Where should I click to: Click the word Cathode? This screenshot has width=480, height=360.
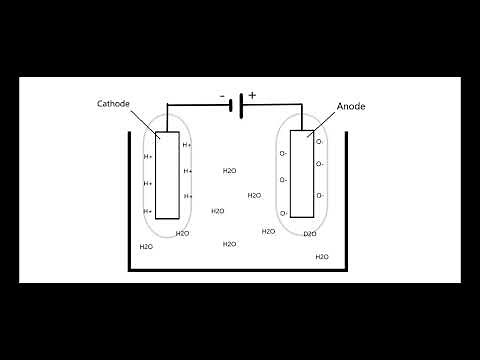(x=112, y=103)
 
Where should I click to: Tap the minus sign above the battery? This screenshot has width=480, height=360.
(x=222, y=96)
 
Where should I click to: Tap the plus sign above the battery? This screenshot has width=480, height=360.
(x=252, y=96)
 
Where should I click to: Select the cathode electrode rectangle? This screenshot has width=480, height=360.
(x=167, y=178)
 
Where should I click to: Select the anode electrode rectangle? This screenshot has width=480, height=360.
(x=302, y=178)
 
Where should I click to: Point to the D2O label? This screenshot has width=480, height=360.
(x=309, y=234)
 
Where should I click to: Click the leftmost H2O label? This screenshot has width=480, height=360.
(x=146, y=246)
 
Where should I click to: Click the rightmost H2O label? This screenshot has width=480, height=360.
(x=322, y=257)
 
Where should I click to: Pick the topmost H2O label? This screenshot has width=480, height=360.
(x=229, y=171)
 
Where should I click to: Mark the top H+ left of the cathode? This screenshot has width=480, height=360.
(x=148, y=157)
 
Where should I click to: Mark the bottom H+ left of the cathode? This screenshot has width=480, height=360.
(x=148, y=211)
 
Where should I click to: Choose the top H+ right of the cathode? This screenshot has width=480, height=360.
(x=188, y=145)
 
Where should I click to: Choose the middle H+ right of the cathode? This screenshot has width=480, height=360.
(x=188, y=171)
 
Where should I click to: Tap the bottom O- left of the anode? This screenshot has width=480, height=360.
(x=284, y=213)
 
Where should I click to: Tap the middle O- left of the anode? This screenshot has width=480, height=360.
(x=284, y=181)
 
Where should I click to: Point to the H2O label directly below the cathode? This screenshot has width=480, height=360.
(x=182, y=233)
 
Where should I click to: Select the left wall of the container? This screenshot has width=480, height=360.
(x=128, y=200)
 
